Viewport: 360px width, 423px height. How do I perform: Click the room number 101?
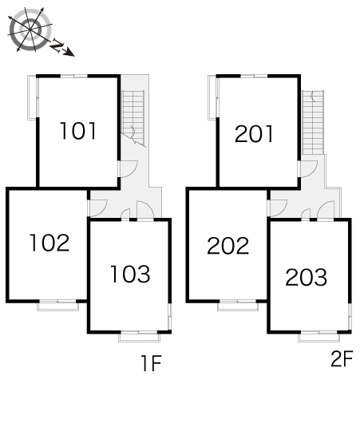click(x=78, y=131)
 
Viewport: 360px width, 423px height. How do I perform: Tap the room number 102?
click(x=49, y=243)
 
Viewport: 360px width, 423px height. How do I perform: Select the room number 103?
click(x=130, y=274)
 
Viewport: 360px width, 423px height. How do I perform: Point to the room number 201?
click(x=254, y=134)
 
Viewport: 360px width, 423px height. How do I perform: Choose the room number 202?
click(x=228, y=246)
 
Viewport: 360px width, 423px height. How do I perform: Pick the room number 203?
click(x=307, y=277)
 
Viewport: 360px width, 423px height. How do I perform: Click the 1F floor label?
click(x=152, y=363)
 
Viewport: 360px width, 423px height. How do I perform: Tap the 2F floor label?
click(x=342, y=358)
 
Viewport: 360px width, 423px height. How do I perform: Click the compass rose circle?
click(x=30, y=30)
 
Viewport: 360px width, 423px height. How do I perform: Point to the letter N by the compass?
click(x=57, y=45)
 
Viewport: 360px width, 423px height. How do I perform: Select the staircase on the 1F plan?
click(x=133, y=119)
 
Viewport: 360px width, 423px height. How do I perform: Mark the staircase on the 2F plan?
click(x=313, y=122)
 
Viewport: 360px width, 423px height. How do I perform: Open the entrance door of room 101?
click(x=128, y=169)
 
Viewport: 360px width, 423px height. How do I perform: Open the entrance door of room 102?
click(x=97, y=208)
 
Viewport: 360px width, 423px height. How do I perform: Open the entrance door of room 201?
click(x=307, y=169)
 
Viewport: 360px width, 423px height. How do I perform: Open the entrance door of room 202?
click(x=277, y=208)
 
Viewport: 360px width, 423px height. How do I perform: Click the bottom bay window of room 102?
click(x=57, y=305)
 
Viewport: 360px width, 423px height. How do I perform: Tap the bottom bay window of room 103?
click(x=139, y=336)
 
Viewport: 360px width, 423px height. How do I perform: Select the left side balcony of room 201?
click(x=212, y=97)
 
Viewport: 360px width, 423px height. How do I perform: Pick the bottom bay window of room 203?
click(x=319, y=336)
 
